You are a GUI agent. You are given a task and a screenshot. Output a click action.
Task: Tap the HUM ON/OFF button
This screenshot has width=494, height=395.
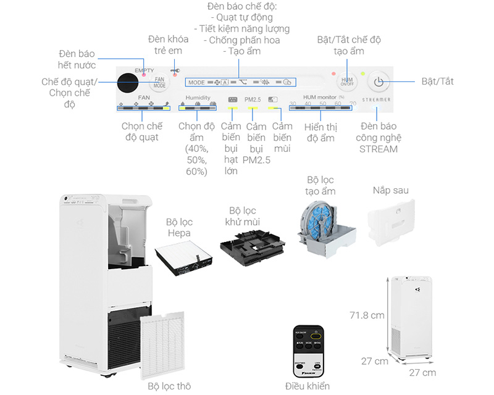click(346, 81)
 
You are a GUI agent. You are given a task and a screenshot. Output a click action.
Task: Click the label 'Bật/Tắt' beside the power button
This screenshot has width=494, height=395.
click(437, 81)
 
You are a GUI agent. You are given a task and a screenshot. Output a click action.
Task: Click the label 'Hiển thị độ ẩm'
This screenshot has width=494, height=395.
click(320, 132)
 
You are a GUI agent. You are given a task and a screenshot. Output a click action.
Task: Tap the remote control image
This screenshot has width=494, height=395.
click(308, 351)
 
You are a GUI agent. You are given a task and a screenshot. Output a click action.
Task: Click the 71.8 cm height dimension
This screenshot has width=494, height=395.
click(367, 315)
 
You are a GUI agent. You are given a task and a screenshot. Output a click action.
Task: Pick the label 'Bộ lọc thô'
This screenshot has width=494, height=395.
click(169, 386)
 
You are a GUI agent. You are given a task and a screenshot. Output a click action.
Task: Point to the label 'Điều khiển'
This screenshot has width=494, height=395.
click(307, 386)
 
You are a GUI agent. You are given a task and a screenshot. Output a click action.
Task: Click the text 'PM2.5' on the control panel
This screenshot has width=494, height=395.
click(253, 99)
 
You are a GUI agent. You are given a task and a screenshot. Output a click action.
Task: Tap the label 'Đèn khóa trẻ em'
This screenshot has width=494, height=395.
click(165, 45)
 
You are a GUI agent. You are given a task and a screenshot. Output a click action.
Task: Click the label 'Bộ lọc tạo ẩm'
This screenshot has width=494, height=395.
click(321, 185)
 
